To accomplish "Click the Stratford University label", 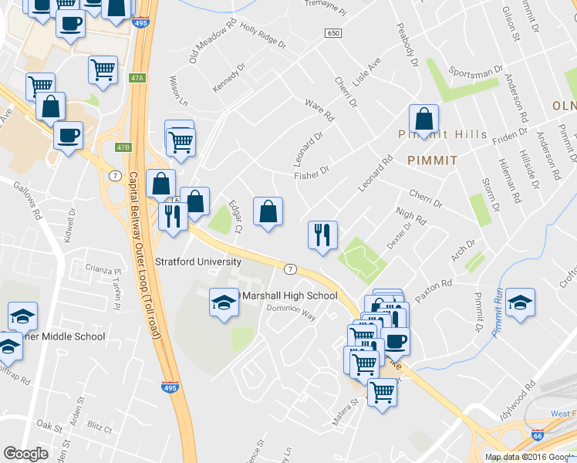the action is [198, 262].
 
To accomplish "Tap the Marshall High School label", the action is [290, 296].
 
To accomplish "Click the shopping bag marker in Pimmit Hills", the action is [423, 120].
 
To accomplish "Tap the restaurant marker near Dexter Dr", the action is [322, 234].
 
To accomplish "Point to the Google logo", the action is [26, 454].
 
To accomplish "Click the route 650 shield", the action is [333, 33].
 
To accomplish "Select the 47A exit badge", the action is [138, 78].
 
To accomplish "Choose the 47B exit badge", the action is [123, 147].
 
